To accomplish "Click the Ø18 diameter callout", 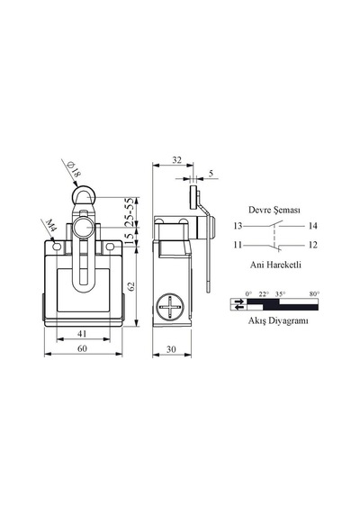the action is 74,169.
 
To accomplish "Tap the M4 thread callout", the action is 50,225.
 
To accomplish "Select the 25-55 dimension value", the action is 130,212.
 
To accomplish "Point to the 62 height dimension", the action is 130,286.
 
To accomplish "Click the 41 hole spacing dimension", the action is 82,333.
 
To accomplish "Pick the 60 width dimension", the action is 82,348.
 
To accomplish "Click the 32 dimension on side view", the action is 176,160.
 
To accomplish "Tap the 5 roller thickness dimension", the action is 211,173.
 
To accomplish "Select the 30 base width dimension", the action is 171,349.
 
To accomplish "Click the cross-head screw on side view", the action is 170,308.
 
